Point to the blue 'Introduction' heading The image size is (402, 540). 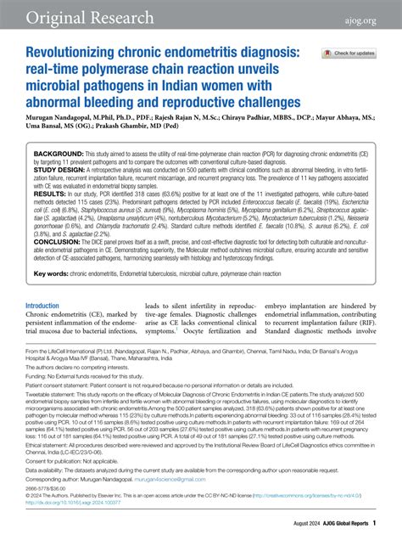[48, 305]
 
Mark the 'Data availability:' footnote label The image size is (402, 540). [47, 470]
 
